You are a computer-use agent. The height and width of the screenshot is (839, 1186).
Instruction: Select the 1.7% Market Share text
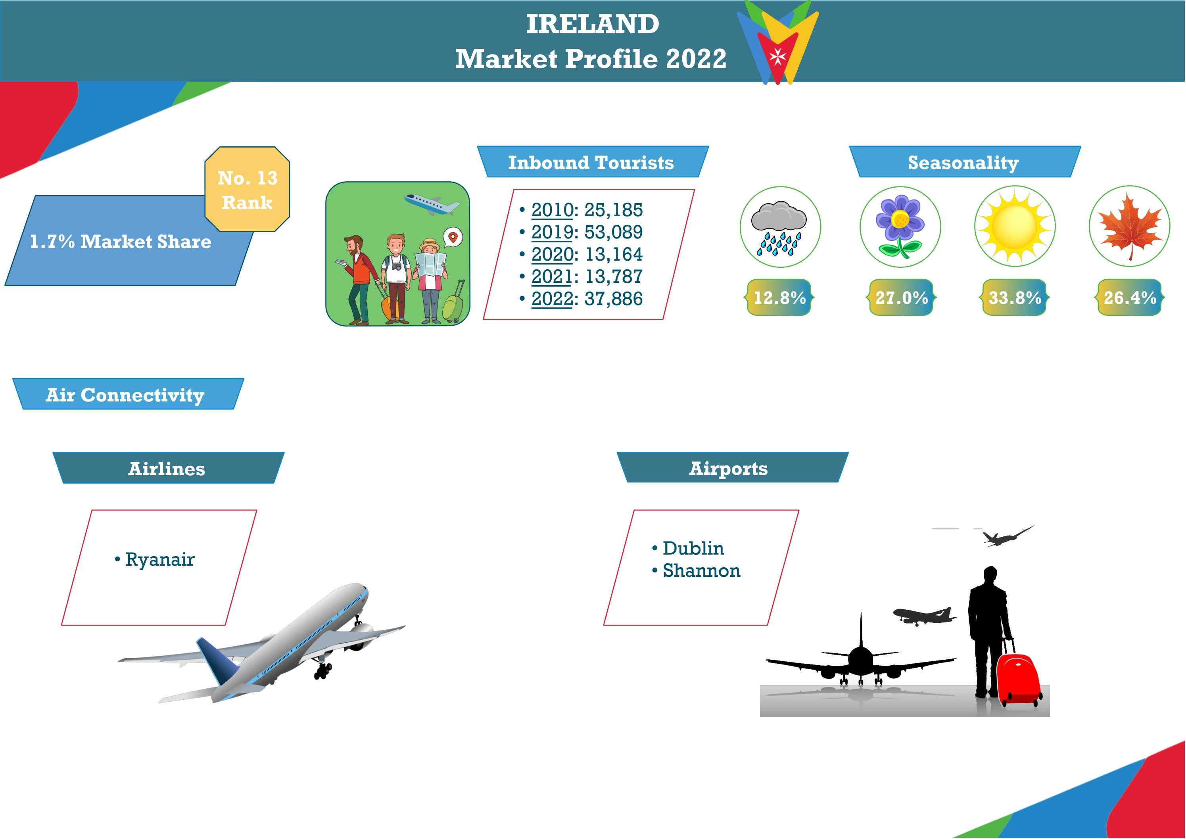[x=120, y=242]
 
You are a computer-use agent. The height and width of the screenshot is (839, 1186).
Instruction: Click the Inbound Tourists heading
[x=591, y=162]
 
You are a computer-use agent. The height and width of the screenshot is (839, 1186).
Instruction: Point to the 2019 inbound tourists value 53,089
[x=613, y=232]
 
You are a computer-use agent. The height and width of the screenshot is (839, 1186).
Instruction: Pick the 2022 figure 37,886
[x=613, y=299]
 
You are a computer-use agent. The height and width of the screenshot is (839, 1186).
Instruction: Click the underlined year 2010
[x=552, y=210]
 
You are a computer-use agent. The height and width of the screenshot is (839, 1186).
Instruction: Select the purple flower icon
[x=900, y=226]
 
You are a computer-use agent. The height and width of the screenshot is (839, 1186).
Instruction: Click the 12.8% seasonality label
[x=779, y=298]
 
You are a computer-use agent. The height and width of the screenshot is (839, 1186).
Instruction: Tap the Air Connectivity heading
[x=125, y=395]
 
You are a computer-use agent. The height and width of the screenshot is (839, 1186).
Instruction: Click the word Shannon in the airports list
[x=701, y=570]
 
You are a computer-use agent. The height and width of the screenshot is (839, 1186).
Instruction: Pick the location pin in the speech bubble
[x=453, y=237]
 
